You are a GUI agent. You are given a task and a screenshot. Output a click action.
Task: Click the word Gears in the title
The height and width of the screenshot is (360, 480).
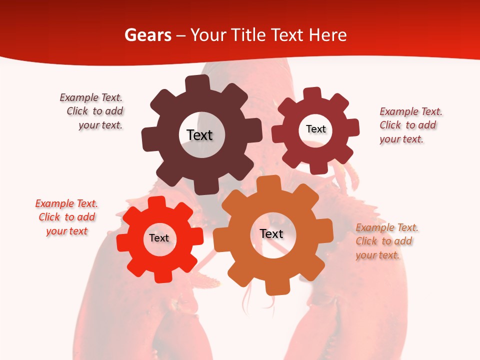pyautogui.click(x=148, y=35)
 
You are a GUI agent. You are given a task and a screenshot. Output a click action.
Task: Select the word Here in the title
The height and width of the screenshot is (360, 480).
pyautogui.click(x=327, y=35)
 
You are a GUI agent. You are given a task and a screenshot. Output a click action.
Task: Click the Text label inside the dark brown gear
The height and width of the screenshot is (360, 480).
pyautogui.click(x=199, y=135)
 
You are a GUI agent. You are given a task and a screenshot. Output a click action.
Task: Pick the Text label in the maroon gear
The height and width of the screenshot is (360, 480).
pyautogui.click(x=315, y=129)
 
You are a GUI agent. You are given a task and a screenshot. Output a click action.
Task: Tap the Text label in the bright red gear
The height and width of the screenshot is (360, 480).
pyautogui.click(x=159, y=238)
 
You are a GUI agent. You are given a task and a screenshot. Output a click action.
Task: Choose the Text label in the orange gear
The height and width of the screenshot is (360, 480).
pyautogui.click(x=271, y=233)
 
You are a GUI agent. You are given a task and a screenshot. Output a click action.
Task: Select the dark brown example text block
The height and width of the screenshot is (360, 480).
pyautogui.click(x=92, y=111)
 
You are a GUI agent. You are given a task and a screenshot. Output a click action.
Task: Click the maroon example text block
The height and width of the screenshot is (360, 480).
pyautogui.click(x=410, y=125)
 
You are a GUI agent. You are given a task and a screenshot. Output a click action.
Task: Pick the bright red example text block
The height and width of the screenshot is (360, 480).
pyautogui.click(x=66, y=217)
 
